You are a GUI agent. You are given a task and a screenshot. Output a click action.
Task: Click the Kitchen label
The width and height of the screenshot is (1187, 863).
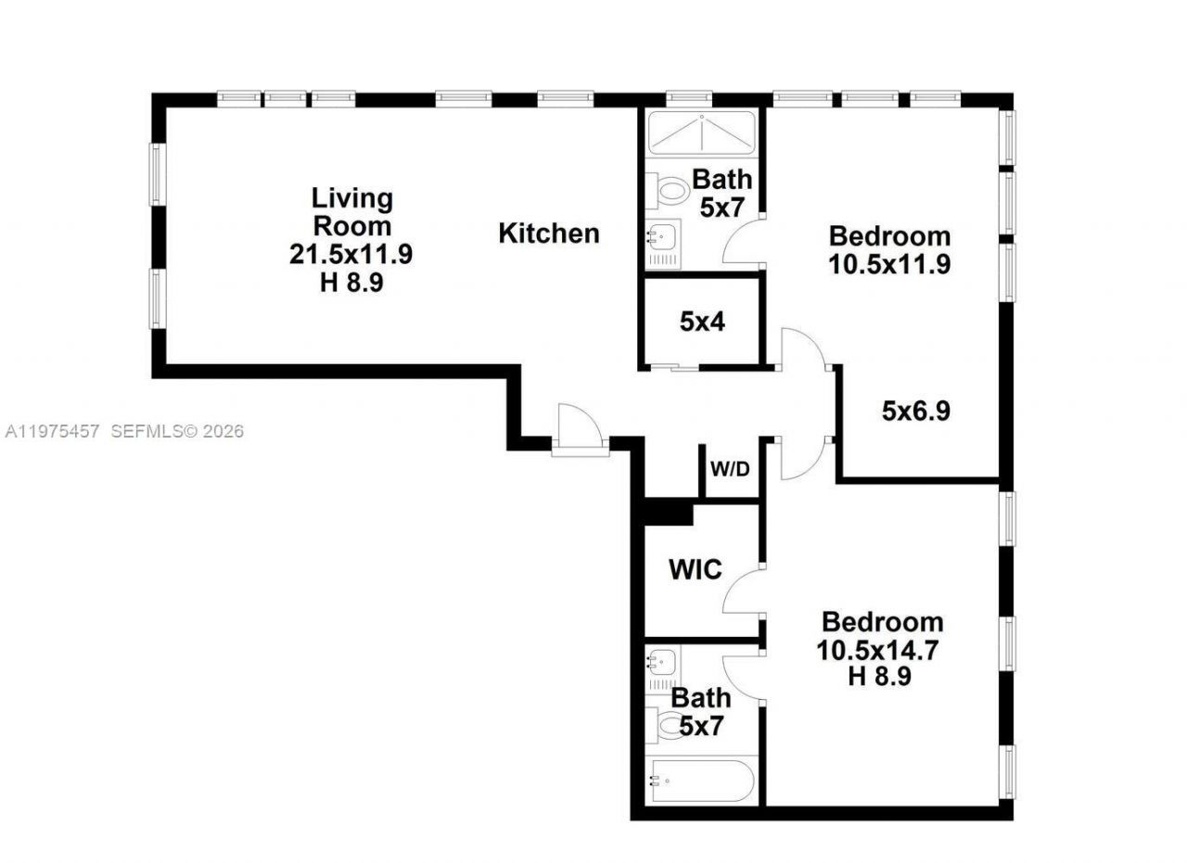pos(549,234)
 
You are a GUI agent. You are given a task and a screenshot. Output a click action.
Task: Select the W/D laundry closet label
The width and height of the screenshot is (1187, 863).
pos(730,469)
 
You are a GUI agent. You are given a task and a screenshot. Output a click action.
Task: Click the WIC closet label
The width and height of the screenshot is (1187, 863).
pos(696,569)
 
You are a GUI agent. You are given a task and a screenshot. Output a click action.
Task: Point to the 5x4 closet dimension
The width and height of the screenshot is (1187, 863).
pos(702,323)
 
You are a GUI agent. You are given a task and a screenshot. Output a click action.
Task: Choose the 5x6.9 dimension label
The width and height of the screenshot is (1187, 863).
pos(915,411)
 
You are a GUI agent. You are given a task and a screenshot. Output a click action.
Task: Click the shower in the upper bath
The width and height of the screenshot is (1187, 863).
pos(702,133)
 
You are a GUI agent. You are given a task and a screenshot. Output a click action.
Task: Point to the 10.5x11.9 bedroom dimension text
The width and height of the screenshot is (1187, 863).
pos(889,264)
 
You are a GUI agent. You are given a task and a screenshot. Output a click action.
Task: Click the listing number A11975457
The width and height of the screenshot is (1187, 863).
pos(53,431)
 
